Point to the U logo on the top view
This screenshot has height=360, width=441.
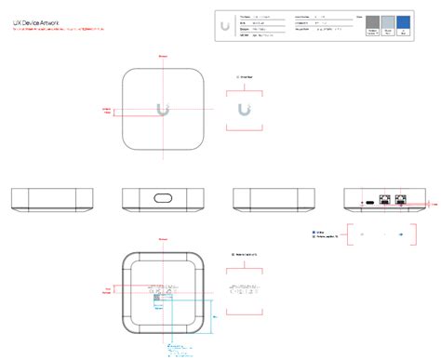point(164,109)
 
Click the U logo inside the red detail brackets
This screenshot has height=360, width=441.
point(244,110)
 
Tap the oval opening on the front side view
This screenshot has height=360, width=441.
point(164,199)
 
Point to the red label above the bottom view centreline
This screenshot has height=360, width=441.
point(164,240)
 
